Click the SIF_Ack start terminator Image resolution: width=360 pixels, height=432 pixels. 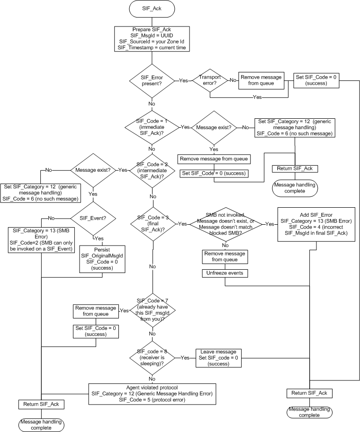coord(152,9)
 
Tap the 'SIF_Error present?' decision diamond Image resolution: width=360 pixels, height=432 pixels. coord(152,81)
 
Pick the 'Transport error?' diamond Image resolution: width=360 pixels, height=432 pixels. coord(209,81)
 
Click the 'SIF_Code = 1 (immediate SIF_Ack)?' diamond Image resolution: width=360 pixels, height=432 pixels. coord(152,127)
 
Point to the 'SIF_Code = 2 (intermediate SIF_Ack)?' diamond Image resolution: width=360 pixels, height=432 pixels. coord(152,170)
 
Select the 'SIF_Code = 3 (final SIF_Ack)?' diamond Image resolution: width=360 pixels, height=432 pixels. coord(152,223)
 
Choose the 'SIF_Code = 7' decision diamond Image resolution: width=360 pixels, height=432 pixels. coord(152,310)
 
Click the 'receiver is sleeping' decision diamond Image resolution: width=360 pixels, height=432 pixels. coord(152,357)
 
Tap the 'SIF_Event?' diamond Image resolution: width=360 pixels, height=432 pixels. coord(93,218)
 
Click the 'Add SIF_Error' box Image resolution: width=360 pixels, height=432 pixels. coord(309,224)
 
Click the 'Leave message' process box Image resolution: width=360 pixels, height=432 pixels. coord(218,357)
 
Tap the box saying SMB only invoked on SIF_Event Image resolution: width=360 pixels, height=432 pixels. coord(41,243)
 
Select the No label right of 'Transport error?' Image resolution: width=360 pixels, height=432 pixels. coord(233,81)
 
